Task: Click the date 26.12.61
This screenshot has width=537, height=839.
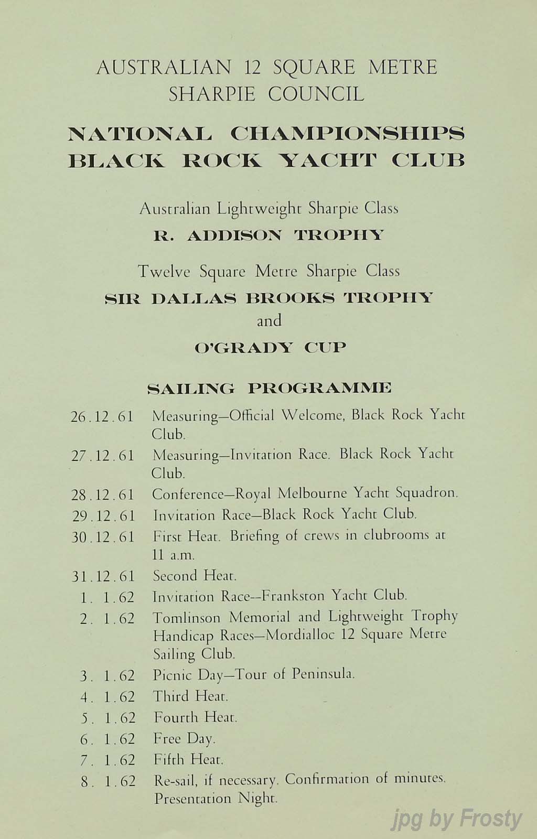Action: [102, 417]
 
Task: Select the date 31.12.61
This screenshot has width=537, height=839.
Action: [103, 576]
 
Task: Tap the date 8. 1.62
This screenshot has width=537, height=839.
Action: [109, 781]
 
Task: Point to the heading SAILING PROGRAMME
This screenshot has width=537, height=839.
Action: [270, 389]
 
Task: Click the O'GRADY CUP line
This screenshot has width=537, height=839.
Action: [270, 347]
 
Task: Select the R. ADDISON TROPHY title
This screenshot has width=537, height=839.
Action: [268, 235]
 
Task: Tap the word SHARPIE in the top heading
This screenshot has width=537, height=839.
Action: [212, 94]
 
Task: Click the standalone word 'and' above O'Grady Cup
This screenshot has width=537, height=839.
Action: [269, 320]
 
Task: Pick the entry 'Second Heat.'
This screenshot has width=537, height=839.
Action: [195, 576]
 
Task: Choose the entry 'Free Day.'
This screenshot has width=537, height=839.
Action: [184, 739]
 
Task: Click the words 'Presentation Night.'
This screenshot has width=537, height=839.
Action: [215, 799]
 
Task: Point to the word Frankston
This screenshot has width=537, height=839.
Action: [297, 596]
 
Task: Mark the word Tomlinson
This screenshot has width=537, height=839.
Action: [188, 617]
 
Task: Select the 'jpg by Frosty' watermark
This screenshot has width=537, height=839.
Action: [457, 819]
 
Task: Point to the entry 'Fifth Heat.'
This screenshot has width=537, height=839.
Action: [188, 759]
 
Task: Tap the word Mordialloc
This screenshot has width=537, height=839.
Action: [301, 636]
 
